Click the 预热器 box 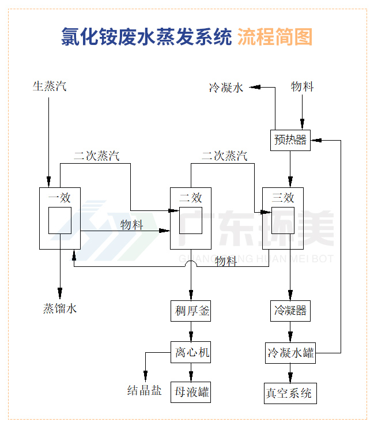(290, 140)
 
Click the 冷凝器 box (290, 312)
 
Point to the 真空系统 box (290, 393)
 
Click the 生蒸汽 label (49, 87)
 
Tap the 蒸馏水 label (60, 309)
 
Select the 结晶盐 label (144, 391)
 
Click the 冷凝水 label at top (226, 88)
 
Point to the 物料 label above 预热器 (302, 87)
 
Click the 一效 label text (59, 198)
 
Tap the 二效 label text (191, 198)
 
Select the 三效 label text (282, 198)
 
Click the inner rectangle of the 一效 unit (59, 220)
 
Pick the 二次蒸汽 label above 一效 (96, 156)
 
